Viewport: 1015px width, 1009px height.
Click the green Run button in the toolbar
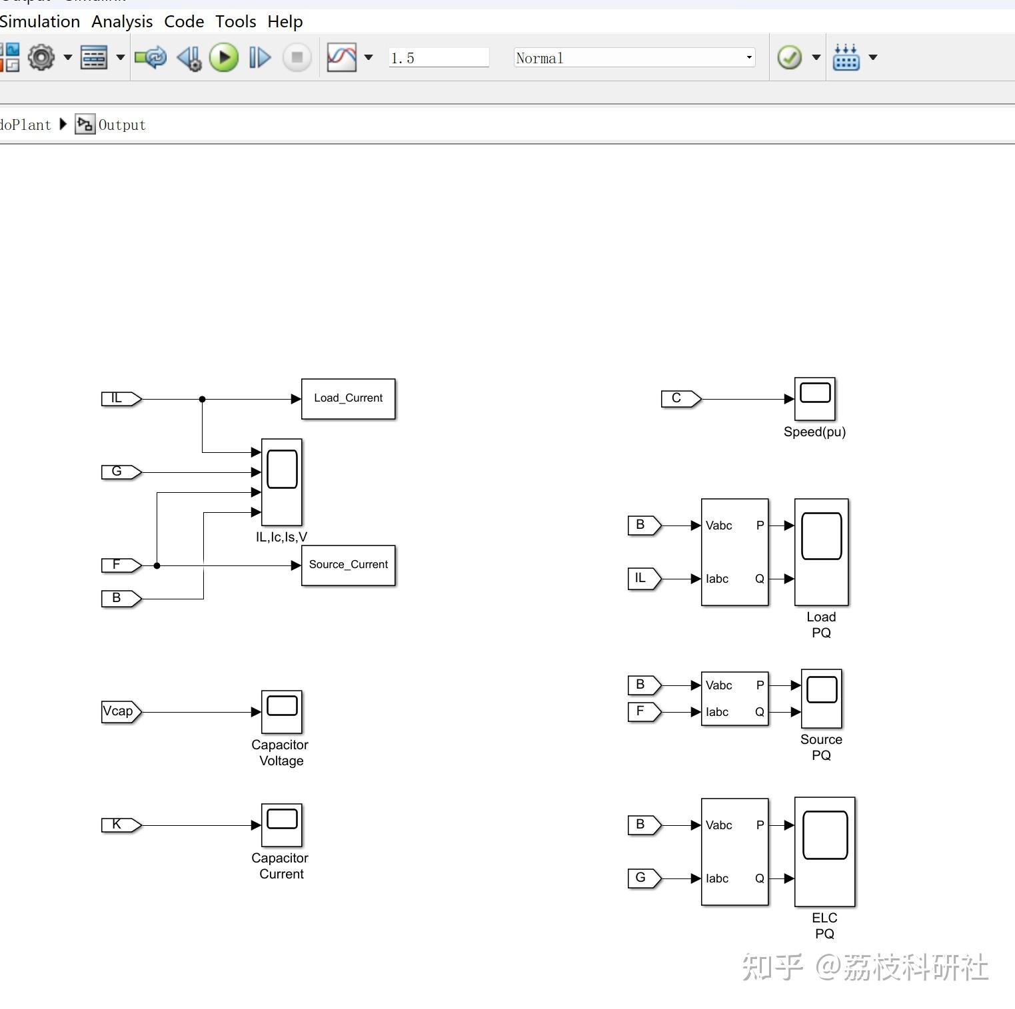[224, 57]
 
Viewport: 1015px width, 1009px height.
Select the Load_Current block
[349, 399]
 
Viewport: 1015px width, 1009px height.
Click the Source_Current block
[349, 565]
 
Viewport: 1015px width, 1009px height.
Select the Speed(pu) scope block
[815, 399]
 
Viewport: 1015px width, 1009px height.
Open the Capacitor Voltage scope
[282, 712]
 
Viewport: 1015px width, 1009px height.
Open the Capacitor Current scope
[282, 825]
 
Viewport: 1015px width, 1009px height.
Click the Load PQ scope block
[822, 552]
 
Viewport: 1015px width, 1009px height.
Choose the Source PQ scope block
[822, 699]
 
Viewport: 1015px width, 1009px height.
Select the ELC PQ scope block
[825, 852]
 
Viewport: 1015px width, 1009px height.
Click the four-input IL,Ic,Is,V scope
[282, 482]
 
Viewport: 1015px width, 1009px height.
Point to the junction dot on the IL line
[202, 399]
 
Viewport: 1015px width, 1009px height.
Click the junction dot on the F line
[157, 565]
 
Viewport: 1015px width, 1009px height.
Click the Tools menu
[236, 21]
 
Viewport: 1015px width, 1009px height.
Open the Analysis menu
[122, 21]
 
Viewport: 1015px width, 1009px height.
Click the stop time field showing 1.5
[439, 58]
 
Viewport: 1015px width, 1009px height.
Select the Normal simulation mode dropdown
[634, 58]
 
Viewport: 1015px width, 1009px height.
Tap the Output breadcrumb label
[122, 125]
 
